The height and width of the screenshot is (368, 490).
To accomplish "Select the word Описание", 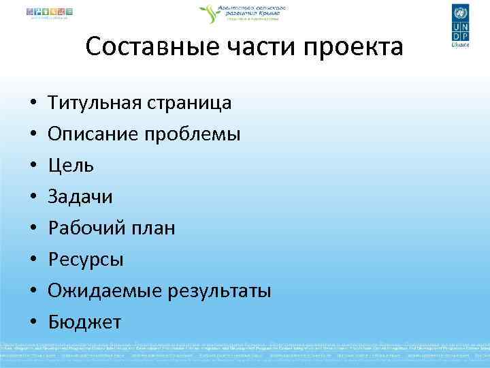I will click(x=90, y=134).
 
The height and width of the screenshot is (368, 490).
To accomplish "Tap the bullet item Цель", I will click(x=71, y=166).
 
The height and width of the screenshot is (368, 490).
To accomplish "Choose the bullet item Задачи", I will click(x=80, y=197).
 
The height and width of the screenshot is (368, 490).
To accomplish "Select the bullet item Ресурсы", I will click(x=85, y=260).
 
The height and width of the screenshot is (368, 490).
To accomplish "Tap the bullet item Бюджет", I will click(x=84, y=322).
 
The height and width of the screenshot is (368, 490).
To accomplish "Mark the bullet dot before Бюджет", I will click(x=33, y=322).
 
